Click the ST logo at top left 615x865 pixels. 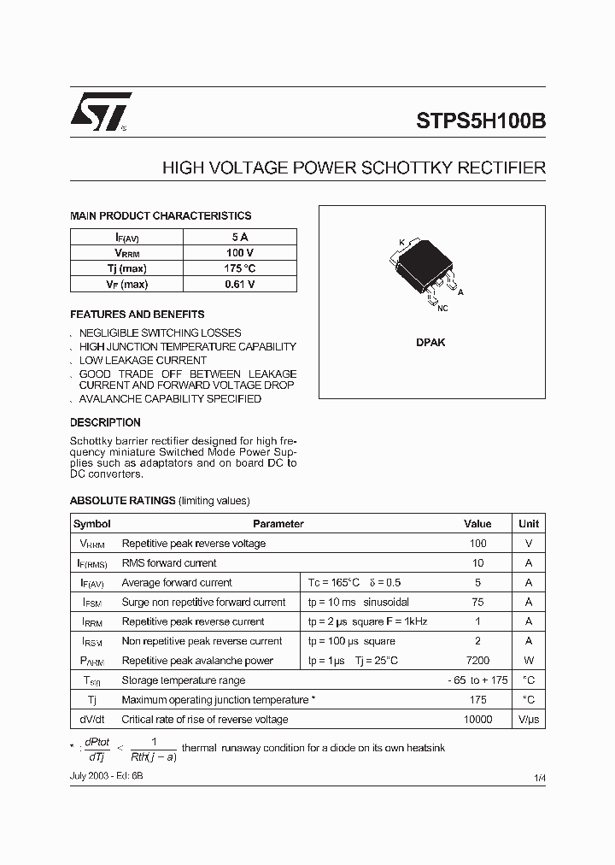[x=100, y=112]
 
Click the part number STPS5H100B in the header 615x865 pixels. [x=481, y=121]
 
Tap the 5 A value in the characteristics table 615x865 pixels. [x=240, y=237]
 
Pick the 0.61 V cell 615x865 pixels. [x=240, y=285]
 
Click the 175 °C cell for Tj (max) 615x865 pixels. [x=240, y=268]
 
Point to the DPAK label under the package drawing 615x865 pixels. [x=430, y=342]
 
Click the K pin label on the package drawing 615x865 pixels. [x=401, y=243]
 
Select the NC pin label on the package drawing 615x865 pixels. [x=442, y=309]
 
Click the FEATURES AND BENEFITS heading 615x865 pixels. [x=137, y=315]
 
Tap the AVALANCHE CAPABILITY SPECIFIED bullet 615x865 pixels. [x=170, y=399]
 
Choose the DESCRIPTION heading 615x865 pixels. [x=105, y=422]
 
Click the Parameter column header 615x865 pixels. [x=278, y=524]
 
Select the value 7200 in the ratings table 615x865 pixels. [x=477, y=661]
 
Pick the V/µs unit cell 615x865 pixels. [x=529, y=720]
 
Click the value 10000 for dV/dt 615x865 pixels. [x=477, y=720]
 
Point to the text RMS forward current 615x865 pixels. [x=169, y=563]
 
